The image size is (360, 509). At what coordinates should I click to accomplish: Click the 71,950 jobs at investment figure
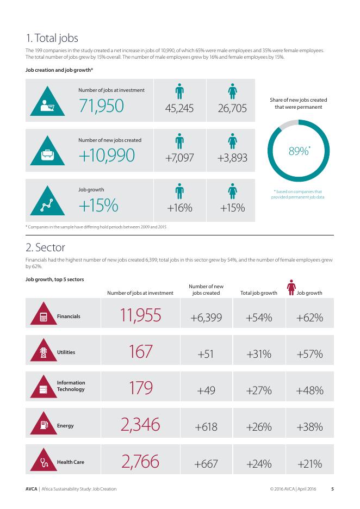[101, 107]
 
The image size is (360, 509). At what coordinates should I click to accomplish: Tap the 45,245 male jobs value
[179, 108]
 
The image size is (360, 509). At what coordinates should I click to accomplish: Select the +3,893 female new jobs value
[232, 158]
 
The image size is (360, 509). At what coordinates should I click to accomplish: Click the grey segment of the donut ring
[285, 127]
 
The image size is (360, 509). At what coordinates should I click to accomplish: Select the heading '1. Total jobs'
[52, 38]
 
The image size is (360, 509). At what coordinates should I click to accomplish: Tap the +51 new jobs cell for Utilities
[206, 354]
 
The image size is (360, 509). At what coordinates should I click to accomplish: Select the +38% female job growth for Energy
[309, 427]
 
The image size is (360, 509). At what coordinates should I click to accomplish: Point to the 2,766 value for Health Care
[140, 463]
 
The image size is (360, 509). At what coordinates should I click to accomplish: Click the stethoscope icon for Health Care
[43, 463]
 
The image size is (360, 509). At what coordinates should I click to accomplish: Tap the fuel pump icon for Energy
[43, 426]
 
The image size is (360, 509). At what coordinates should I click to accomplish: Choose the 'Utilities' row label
[66, 352]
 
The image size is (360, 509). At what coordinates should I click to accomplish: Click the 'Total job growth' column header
[258, 293]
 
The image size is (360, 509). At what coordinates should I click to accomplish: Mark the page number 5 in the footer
[332, 489]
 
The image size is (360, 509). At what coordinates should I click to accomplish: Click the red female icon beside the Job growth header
[291, 287]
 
